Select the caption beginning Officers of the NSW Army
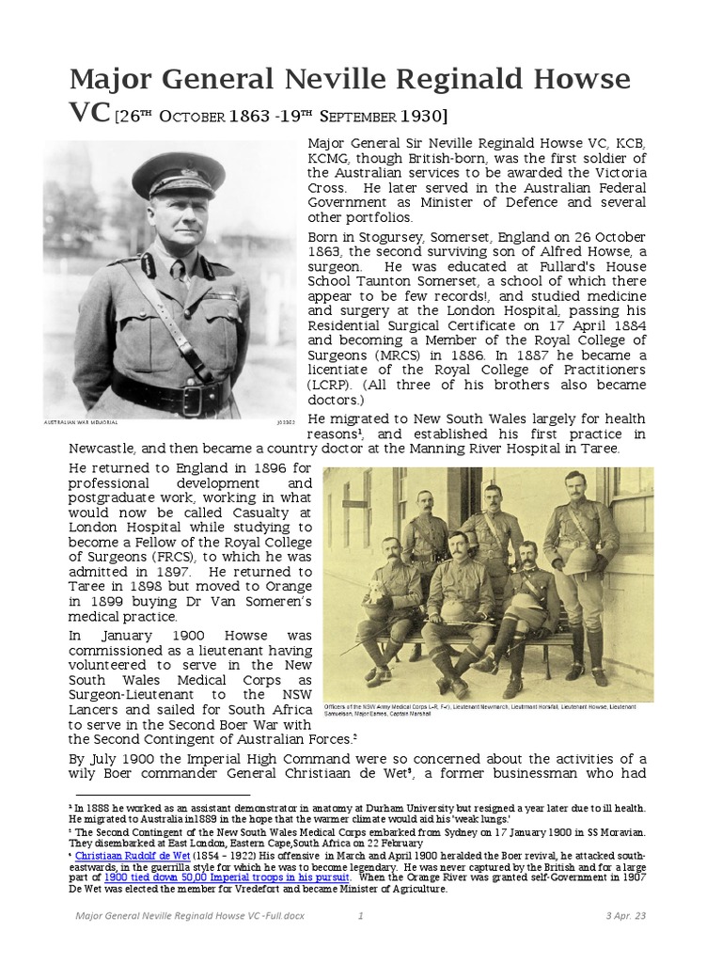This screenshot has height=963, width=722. click(487, 710)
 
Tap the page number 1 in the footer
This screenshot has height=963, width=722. click(362, 915)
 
